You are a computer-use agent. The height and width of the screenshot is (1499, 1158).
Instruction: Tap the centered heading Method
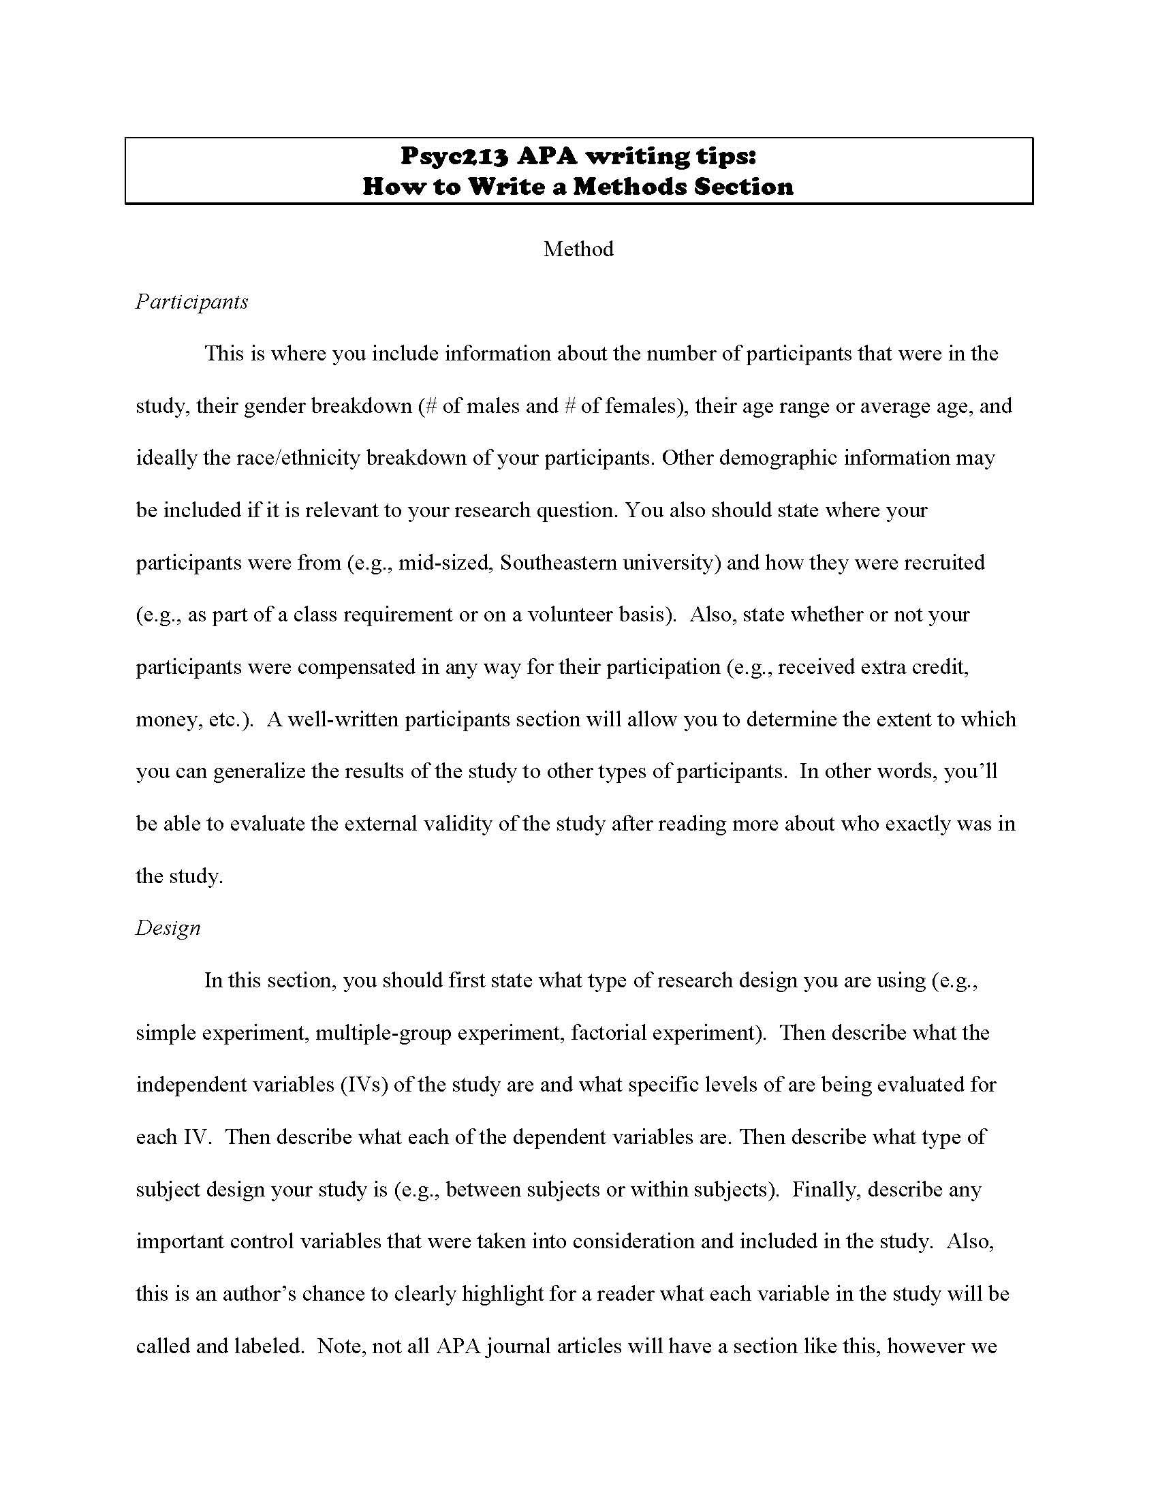578,249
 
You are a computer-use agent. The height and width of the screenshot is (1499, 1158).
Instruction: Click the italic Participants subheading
192,302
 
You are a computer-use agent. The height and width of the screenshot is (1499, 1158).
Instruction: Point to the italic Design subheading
168,928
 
